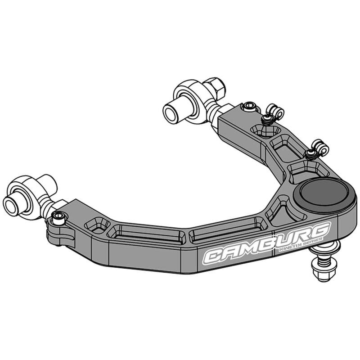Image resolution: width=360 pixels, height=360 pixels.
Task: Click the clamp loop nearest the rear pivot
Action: click(273, 109)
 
